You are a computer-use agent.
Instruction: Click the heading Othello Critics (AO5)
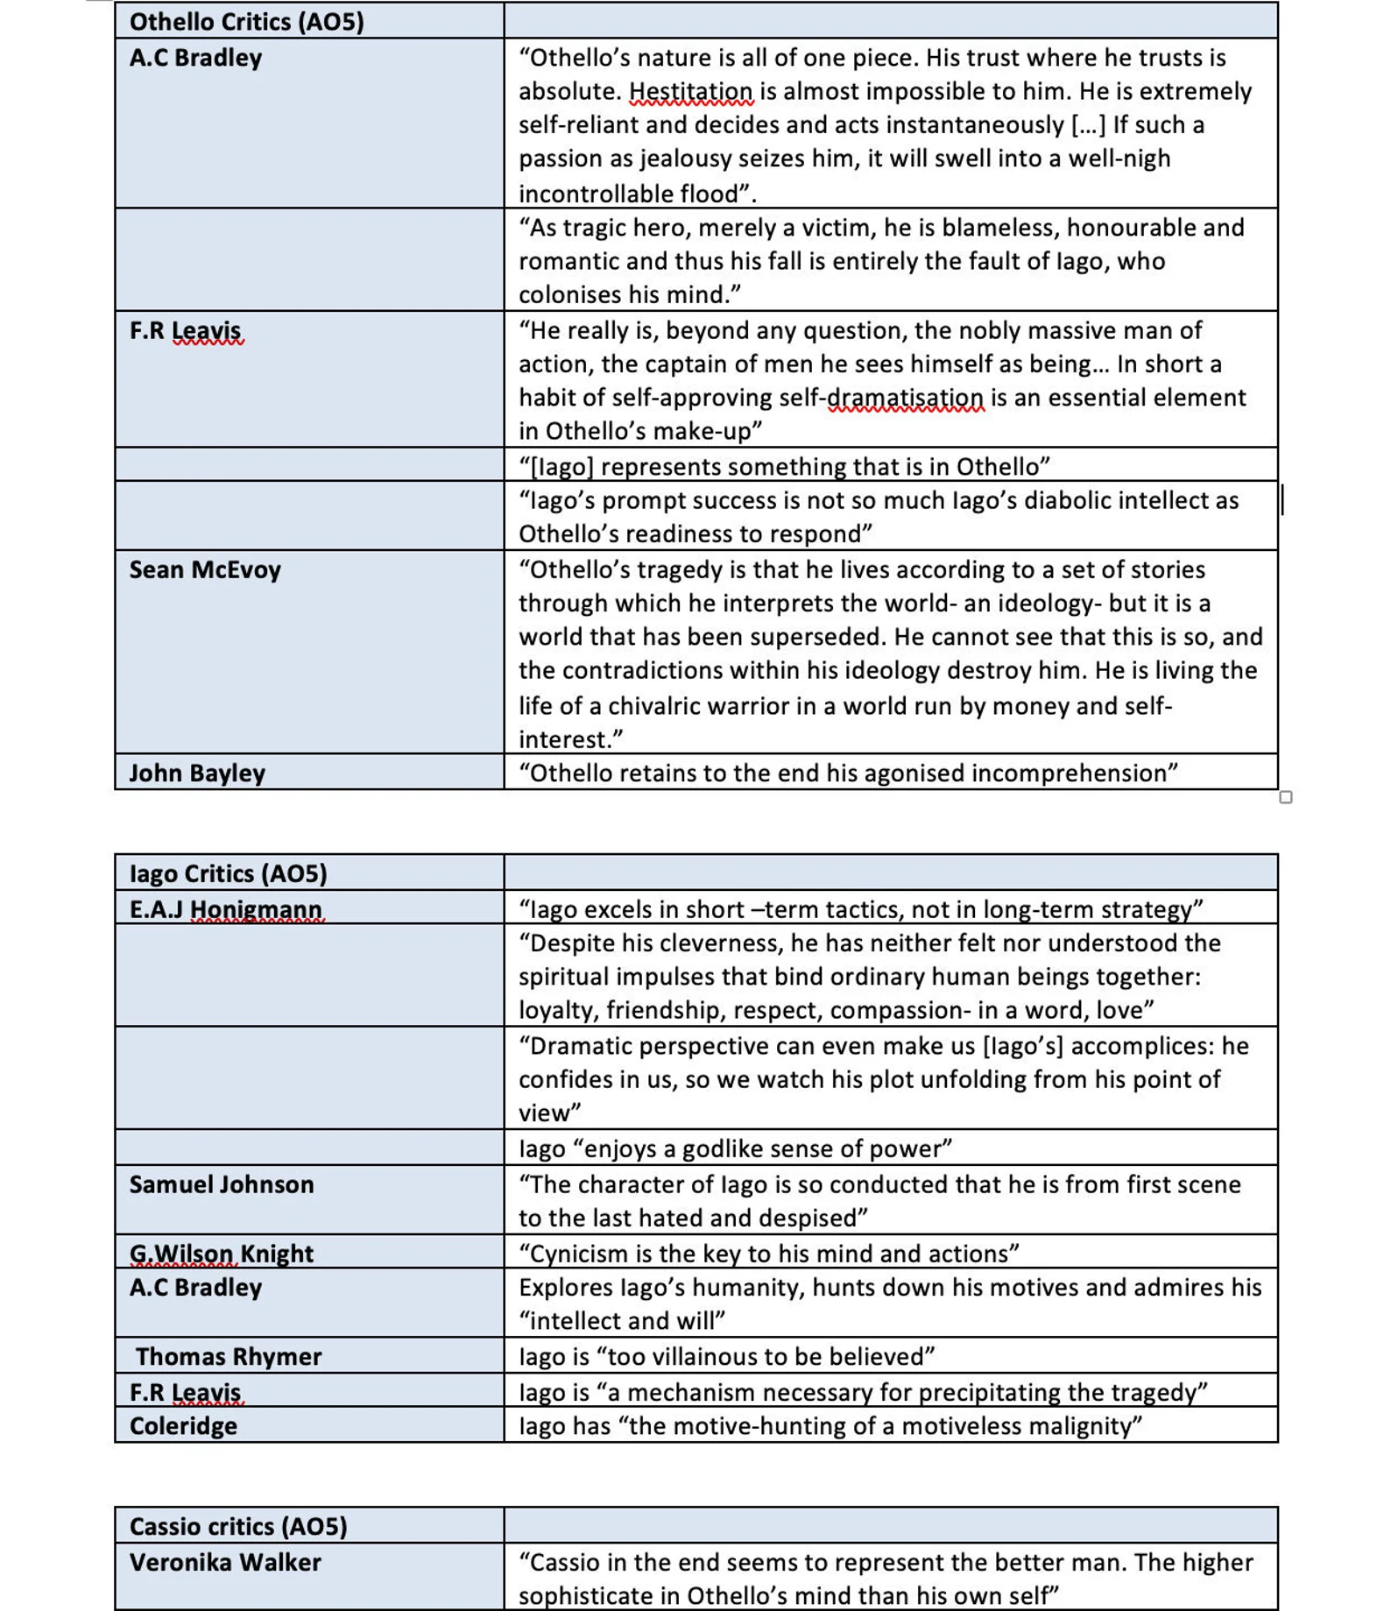coord(246,21)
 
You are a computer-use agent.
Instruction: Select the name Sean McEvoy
coord(205,569)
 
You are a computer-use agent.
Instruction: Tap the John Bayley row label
coord(197,773)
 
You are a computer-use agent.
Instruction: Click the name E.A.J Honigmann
coord(226,909)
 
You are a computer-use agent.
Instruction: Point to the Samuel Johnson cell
coord(222,1184)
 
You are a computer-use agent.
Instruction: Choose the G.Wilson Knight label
coord(221,1254)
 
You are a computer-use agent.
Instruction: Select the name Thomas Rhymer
coord(229,1356)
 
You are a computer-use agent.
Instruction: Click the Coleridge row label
coord(183,1425)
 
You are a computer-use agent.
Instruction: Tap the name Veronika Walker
coord(225,1562)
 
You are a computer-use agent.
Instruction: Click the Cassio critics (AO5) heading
coord(238,1526)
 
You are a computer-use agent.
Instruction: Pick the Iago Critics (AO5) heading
coord(228,873)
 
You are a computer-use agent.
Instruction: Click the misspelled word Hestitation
coord(690,91)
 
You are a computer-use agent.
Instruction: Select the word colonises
coord(574,294)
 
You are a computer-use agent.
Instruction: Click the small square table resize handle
coord(1285,797)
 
